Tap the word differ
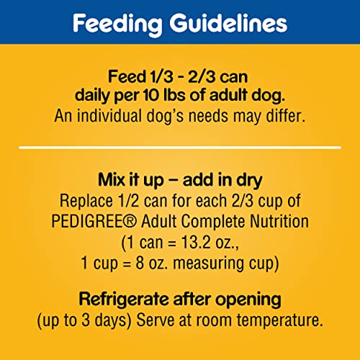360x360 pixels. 284,114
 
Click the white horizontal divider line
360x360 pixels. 180,148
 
